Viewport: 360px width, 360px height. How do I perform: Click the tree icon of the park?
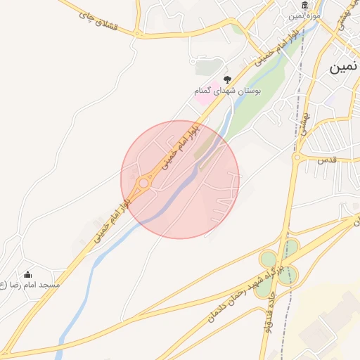[x=226, y=80]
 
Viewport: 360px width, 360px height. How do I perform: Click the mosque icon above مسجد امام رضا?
[x=27, y=274]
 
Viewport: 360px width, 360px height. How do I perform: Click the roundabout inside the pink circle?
[x=143, y=183]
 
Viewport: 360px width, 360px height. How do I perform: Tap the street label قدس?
[x=328, y=159]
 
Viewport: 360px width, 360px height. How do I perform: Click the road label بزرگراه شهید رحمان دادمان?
[x=226, y=289]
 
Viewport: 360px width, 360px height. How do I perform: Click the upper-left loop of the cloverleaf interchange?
[x=268, y=259]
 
